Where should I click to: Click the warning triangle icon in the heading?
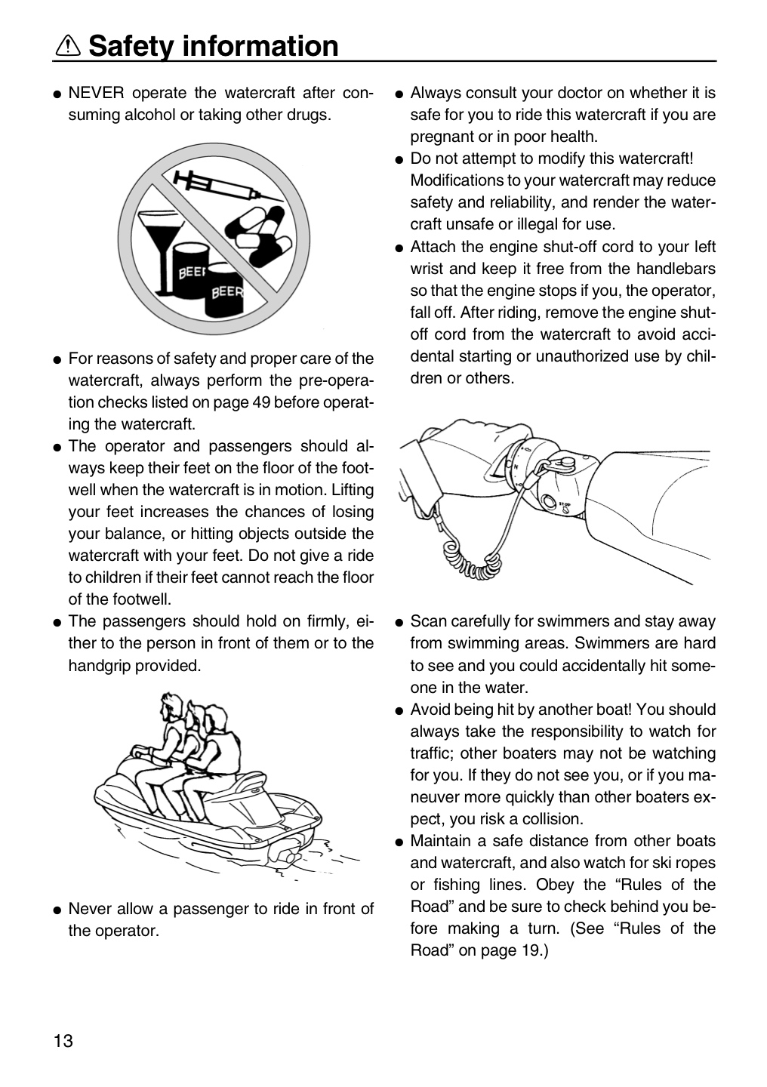pos(68,46)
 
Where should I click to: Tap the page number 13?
pos(63,1041)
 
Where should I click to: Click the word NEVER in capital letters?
pos(97,92)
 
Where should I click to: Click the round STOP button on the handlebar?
pos(549,501)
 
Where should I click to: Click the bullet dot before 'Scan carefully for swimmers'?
pos(399,623)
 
